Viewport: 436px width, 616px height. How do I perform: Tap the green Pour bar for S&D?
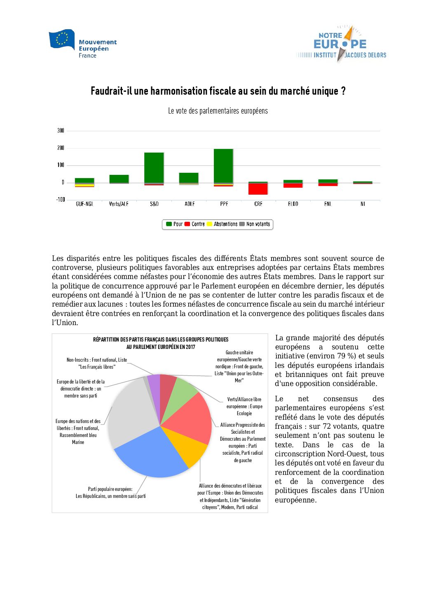coord(154,167)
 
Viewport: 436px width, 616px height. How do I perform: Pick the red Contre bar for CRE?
coord(258,189)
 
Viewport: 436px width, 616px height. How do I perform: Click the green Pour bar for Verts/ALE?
coord(119,179)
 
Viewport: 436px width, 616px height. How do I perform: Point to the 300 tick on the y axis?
coord(61,130)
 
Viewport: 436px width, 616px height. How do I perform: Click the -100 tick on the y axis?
coord(61,200)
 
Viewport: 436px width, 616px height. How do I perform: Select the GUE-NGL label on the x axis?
coord(84,204)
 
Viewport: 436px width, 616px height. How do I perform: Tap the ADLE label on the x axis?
coord(189,204)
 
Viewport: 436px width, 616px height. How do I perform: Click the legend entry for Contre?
coord(195,224)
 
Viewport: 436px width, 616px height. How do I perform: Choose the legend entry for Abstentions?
coord(222,224)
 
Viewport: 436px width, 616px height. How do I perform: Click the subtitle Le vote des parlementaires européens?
coord(218,111)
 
